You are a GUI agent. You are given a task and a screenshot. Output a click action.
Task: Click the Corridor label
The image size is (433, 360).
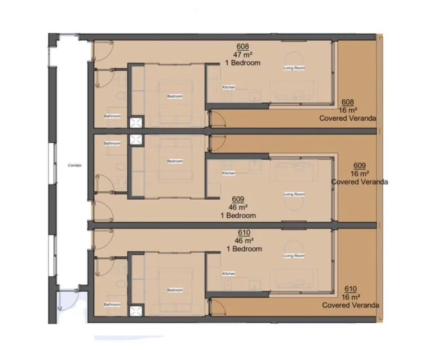75,165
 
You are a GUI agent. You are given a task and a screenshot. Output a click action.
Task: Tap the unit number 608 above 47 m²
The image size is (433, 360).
243,47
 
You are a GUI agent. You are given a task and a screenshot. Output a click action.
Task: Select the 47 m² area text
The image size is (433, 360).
243,55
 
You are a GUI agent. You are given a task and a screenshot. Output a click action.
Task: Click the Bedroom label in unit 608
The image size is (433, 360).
175,96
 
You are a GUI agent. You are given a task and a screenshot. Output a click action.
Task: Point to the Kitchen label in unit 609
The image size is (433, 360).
228,173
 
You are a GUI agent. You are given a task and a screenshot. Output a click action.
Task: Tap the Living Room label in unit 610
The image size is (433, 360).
294,256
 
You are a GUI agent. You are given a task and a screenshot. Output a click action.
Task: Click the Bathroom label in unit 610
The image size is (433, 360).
112,305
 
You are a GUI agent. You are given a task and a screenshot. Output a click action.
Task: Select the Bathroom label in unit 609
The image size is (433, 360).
112,144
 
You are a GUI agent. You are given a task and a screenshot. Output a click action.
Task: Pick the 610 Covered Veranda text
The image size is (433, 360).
351,305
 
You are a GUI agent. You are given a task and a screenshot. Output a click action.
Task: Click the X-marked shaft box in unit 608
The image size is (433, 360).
136,122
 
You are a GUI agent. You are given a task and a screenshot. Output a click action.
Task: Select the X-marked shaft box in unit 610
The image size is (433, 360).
136,310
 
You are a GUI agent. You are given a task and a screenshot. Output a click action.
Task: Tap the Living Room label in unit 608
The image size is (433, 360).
294,68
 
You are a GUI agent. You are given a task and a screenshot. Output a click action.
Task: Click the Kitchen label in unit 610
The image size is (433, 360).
228,274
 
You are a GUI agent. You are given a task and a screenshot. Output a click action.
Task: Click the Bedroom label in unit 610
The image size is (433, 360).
175,291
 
